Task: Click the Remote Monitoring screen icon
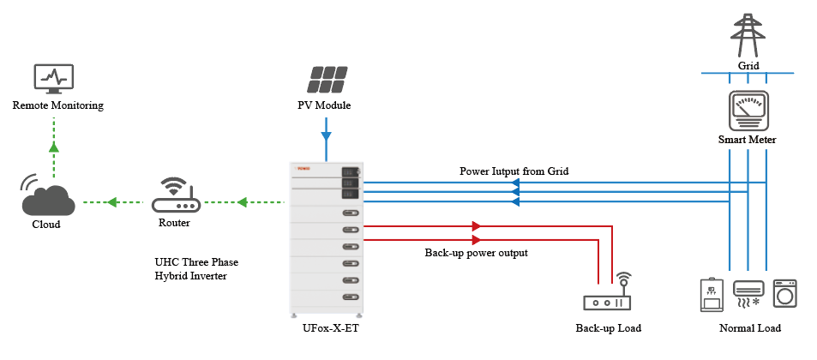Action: click(x=57, y=79)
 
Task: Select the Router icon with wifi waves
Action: click(x=174, y=198)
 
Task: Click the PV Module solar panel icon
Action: click(x=325, y=79)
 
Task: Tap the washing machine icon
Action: click(x=784, y=294)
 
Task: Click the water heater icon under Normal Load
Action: click(x=710, y=294)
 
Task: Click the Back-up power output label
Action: click(x=477, y=253)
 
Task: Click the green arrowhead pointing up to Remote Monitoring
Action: click(x=54, y=147)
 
